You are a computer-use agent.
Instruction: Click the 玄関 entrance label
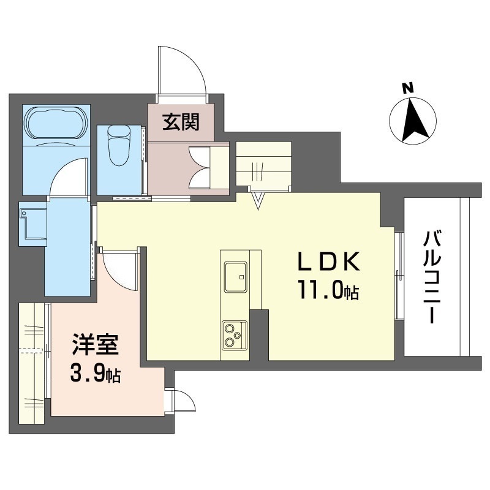point(181,122)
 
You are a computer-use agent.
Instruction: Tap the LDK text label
point(328,262)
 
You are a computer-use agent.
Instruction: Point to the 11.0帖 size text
point(328,290)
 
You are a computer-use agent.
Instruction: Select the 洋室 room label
point(96,345)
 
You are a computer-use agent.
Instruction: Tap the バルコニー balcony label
point(432,277)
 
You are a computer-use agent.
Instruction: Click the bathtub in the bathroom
point(56,123)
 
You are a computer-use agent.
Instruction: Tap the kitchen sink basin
point(236,277)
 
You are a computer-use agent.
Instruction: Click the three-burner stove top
point(235,336)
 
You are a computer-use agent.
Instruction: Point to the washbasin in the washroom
point(33,224)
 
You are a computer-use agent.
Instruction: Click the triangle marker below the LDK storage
point(258,201)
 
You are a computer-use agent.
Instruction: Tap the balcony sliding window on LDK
point(399,275)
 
